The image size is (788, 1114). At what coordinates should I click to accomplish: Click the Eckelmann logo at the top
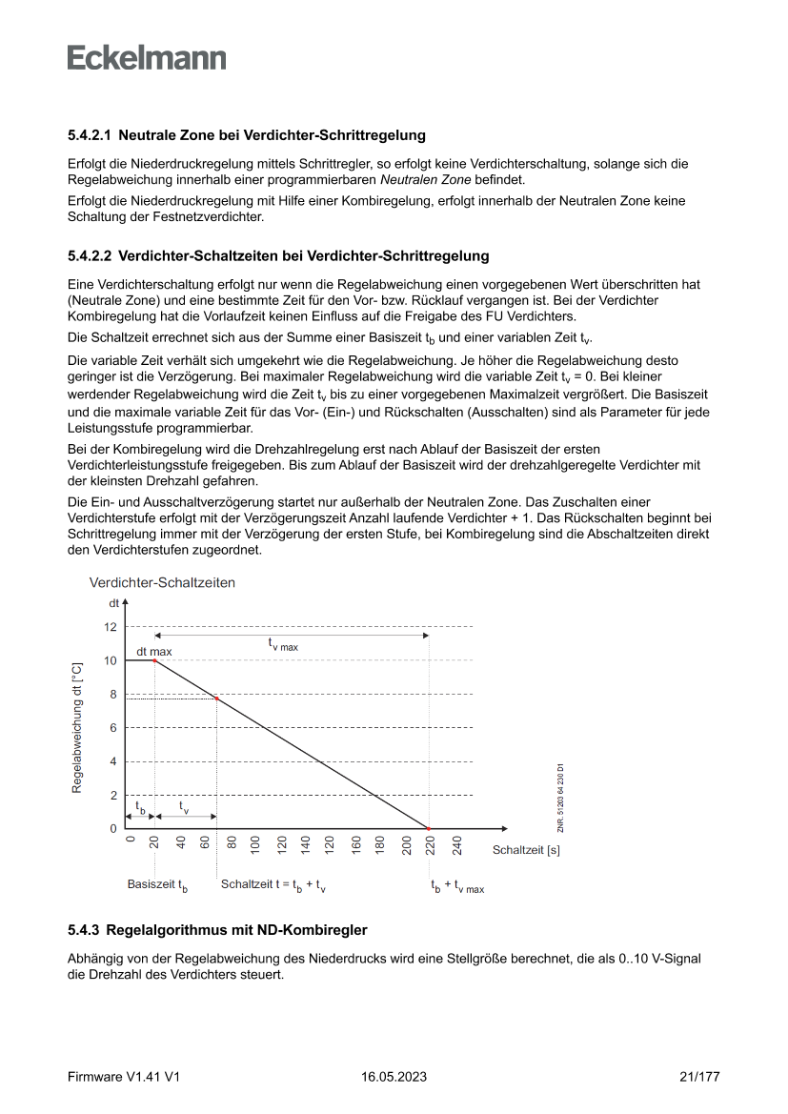tap(147, 58)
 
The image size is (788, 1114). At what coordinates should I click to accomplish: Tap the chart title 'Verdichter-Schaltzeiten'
tap(162, 581)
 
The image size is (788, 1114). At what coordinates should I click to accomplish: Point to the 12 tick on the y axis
tap(111, 627)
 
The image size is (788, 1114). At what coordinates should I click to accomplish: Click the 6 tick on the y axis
tap(112, 728)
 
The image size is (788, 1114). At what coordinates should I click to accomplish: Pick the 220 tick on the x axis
tap(430, 845)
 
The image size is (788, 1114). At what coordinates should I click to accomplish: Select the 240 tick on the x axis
tap(457, 845)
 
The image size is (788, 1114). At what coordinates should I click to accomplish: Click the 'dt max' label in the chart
tap(154, 652)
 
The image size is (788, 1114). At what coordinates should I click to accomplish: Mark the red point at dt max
tap(154, 660)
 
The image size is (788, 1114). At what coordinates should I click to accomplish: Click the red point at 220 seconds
tap(429, 829)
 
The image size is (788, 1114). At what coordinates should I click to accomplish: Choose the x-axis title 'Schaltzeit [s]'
tap(526, 849)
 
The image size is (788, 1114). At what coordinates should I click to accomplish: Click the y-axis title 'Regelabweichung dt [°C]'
tap(77, 729)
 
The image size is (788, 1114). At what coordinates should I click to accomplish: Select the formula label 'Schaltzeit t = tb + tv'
tap(273, 885)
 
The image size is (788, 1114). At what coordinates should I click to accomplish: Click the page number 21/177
tap(699, 1077)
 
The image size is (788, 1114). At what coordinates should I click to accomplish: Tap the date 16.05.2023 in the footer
tap(394, 1077)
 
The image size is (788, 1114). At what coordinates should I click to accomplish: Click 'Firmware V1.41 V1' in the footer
tap(124, 1077)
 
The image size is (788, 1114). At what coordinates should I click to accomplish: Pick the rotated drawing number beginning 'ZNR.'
tap(562, 799)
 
